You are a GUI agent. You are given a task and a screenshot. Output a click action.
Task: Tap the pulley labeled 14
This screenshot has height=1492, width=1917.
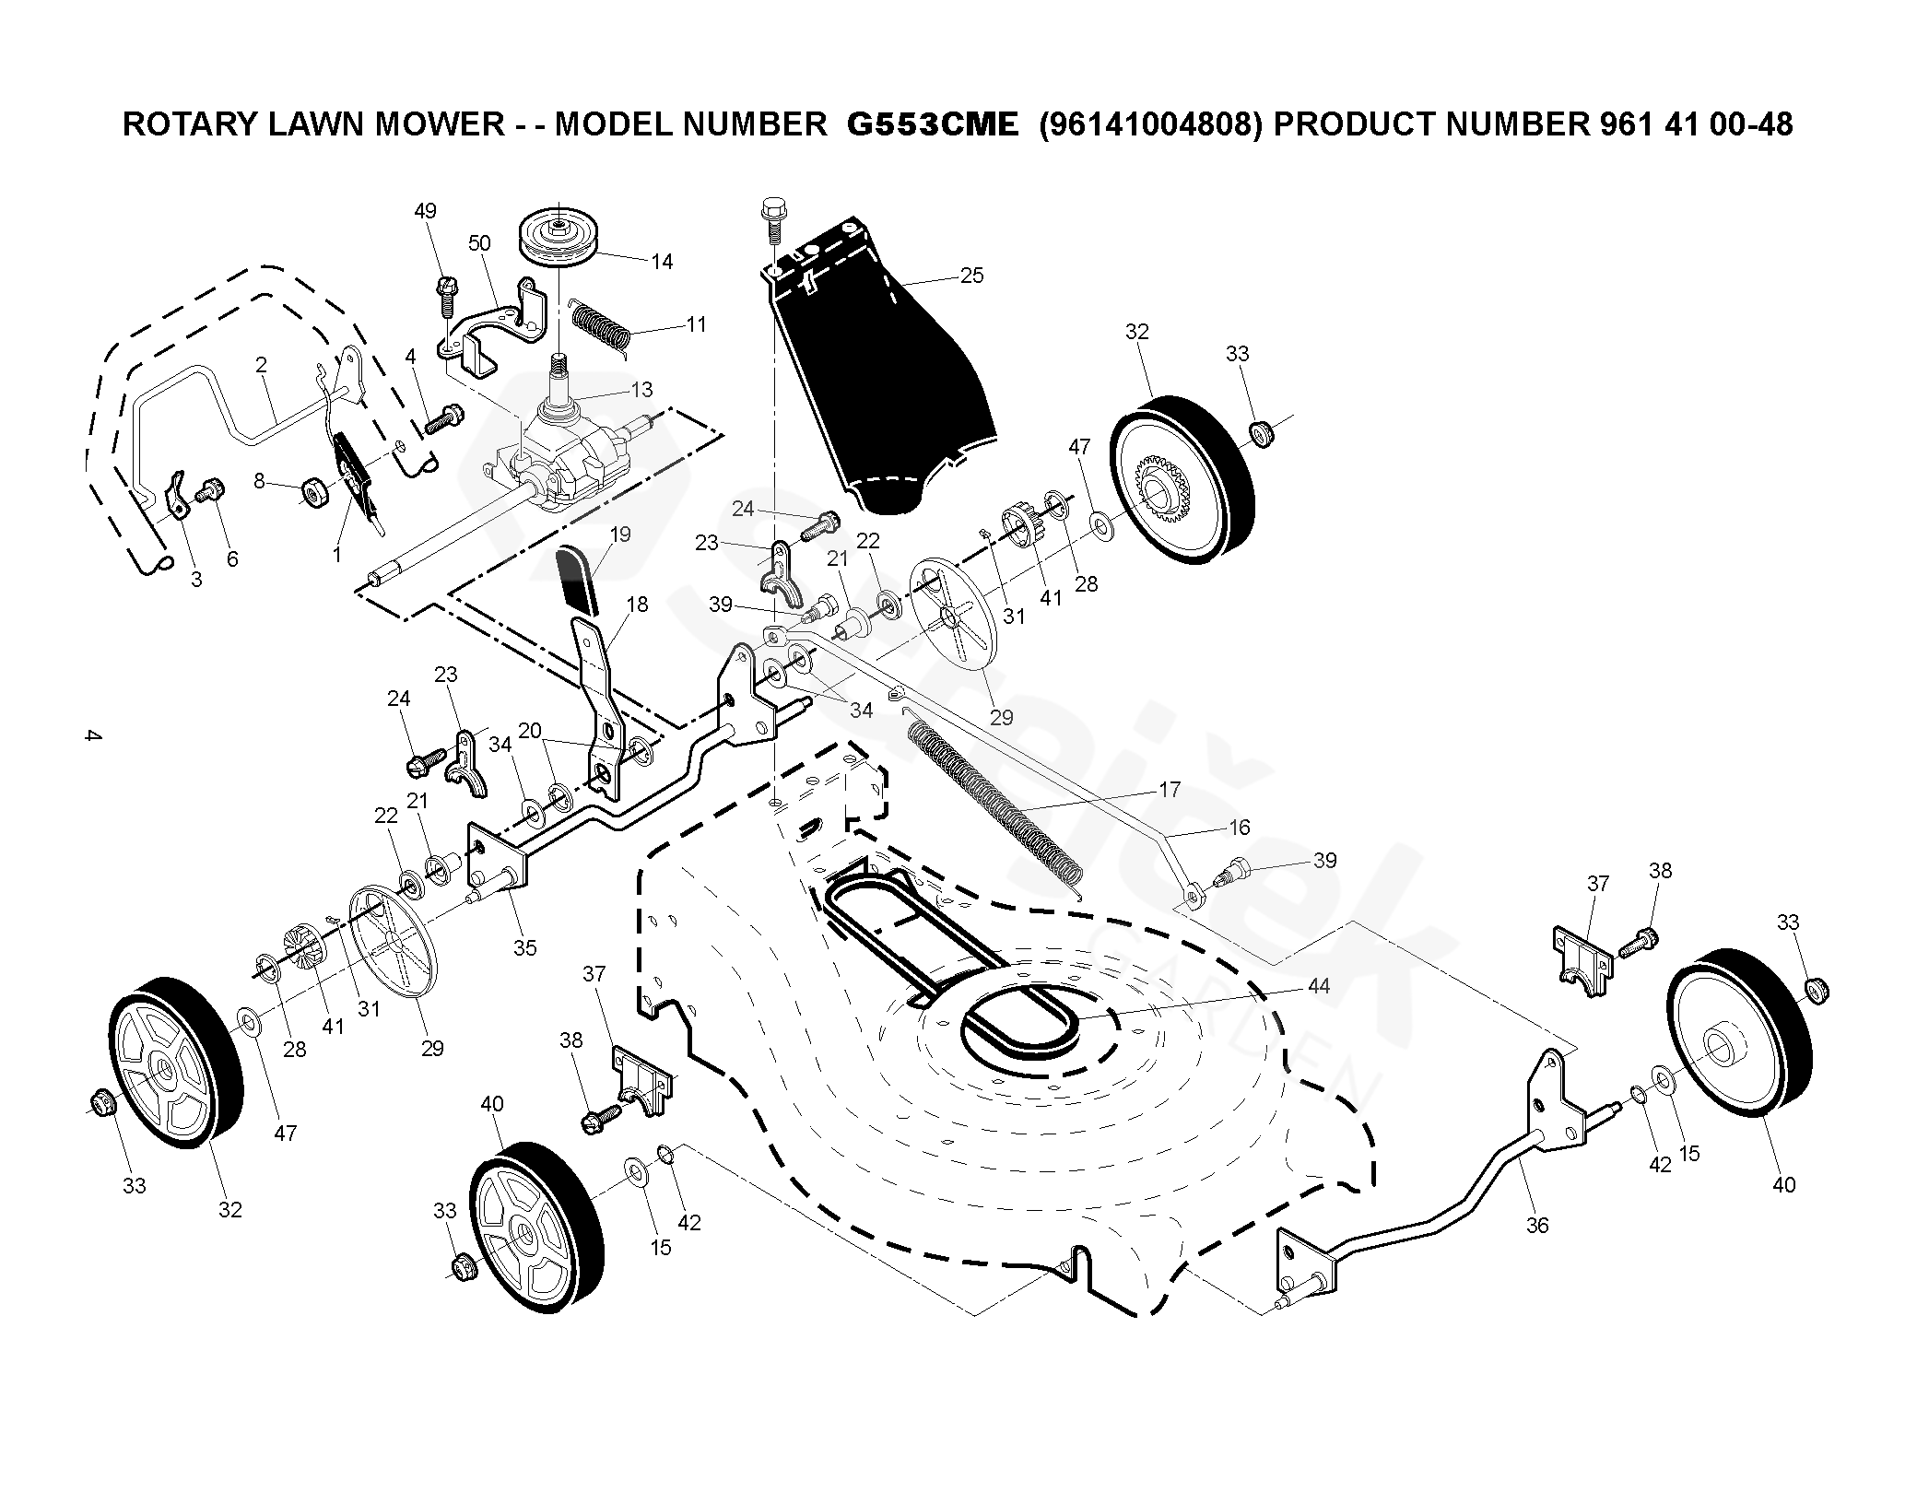click(x=559, y=238)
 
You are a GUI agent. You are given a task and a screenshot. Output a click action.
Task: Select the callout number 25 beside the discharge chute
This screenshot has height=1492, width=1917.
click(x=971, y=275)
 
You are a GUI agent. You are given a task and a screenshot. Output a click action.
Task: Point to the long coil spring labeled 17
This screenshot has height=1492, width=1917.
click(x=995, y=802)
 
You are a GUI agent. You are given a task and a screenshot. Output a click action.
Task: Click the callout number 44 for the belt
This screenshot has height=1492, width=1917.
click(x=1318, y=985)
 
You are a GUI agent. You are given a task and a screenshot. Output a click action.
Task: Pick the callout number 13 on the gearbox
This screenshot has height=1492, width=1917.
click(x=641, y=390)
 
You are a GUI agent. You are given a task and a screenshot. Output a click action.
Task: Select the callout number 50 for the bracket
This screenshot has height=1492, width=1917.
click(x=479, y=243)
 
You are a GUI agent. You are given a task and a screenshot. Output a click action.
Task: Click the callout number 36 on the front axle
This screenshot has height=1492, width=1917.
click(x=1536, y=1225)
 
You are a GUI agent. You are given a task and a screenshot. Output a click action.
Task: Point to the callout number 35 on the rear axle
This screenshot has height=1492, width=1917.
click(x=524, y=947)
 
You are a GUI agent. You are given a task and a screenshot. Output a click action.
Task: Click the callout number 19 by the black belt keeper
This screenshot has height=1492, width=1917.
click(x=620, y=535)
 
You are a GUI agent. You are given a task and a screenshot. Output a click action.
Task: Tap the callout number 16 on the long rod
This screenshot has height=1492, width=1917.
click(x=1240, y=827)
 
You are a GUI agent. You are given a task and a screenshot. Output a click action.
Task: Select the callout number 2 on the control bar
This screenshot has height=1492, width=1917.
click(x=261, y=365)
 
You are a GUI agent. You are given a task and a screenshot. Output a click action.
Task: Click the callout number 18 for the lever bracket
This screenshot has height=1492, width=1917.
click(x=637, y=605)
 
